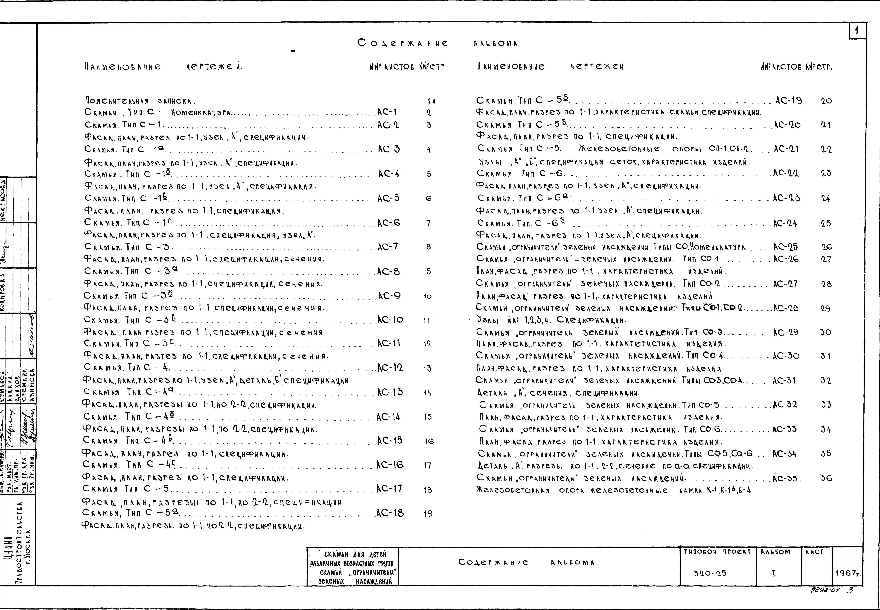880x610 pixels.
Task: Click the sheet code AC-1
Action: point(387,112)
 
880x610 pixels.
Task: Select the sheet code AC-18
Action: point(390,513)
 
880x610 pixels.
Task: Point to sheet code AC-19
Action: point(788,101)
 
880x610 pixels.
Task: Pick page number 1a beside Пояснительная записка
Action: point(431,101)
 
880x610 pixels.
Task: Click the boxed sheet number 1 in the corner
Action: point(857,31)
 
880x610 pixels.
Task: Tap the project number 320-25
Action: point(710,573)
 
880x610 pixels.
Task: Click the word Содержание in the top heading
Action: point(403,43)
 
